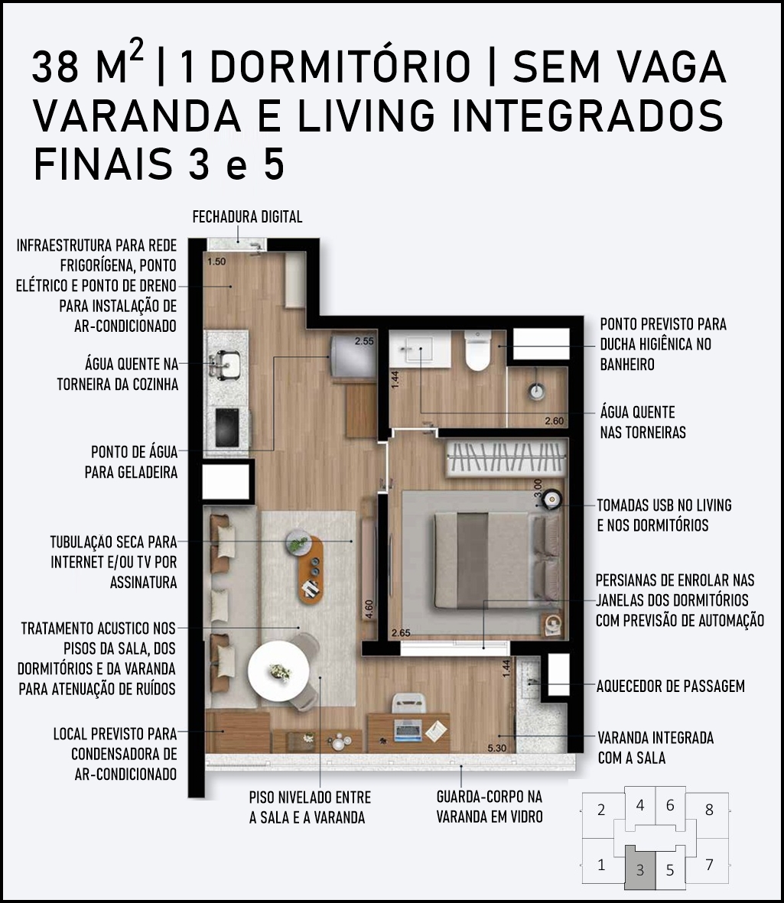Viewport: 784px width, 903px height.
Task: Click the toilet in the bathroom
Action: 477,350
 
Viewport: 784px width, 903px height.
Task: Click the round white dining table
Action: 279,671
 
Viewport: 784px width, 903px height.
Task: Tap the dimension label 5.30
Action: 496,748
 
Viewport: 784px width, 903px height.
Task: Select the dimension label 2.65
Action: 400,633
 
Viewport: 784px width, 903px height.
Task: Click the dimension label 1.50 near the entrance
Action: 216,261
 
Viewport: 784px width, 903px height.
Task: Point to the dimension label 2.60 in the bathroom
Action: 555,421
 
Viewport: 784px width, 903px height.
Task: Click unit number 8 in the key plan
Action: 709,810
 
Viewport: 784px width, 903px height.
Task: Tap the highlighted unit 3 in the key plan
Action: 640,869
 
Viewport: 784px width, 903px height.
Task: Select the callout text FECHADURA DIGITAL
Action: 247,217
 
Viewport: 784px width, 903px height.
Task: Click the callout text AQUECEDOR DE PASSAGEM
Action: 671,686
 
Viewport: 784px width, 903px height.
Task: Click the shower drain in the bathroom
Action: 538,391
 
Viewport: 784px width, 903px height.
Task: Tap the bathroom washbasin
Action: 420,349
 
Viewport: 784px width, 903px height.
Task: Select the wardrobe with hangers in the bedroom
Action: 506,458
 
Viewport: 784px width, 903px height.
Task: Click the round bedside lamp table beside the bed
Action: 551,499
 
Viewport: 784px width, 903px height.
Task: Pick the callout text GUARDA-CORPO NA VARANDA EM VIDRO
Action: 490,806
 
